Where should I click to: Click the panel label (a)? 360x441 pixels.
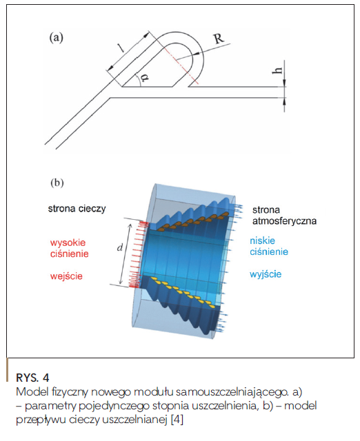[57, 37]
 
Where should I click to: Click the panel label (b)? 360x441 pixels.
[57, 183]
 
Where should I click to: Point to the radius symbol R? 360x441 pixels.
[219, 39]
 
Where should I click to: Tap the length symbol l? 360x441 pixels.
[121, 48]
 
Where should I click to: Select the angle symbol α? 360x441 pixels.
[144, 76]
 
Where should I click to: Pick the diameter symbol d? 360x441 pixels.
[120, 247]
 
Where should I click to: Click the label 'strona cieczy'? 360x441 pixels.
[77, 209]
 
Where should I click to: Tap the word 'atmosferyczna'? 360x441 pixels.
[284, 221]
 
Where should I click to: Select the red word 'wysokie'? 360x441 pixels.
[68, 243]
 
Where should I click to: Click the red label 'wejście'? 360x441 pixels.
[66, 276]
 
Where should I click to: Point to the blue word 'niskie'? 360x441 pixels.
[262, 240]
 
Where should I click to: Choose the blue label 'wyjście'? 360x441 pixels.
[266, 274]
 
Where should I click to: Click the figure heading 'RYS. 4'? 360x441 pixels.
[32, 378]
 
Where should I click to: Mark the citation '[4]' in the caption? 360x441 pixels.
[177, 420]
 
